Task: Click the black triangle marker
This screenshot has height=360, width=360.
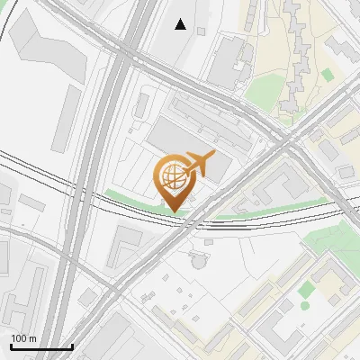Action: pyautogui.click(x=181, y=24)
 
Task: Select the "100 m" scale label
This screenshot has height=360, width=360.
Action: pyautogui.click(x=23, y=337)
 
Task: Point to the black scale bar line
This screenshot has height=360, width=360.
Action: pyautogui.click(x=41, y=346)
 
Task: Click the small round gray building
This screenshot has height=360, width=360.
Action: pyautogui.click(x=198, y=261)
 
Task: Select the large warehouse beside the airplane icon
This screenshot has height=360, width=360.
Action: pyautogui.click(x=184, y=144)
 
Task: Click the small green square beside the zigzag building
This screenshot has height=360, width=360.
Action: pyautogui.click(x=327, y=74)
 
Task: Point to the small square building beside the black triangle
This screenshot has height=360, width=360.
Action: pyautogui.click(x=201, y=31)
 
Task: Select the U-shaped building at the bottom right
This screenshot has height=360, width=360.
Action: pyautogui.click(x=333, y=283)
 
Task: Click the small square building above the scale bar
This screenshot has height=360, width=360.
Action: pyautogui.click(x=86, y=297)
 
